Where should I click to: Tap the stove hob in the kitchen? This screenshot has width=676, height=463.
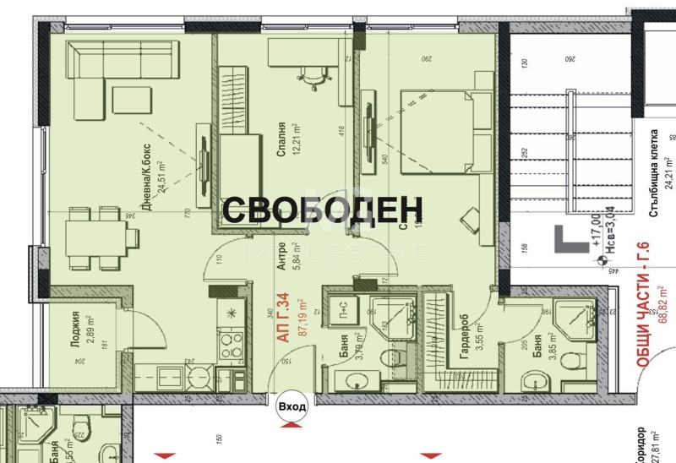click(x=228, y=343)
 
